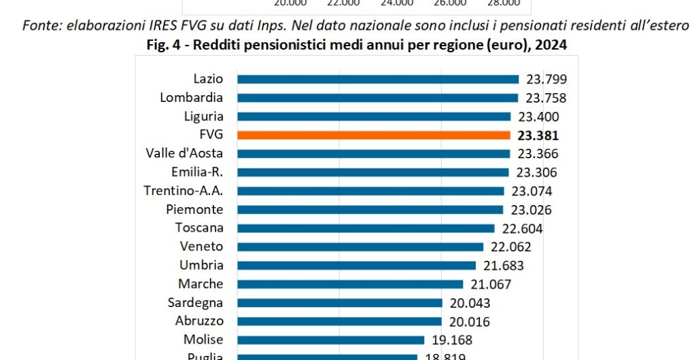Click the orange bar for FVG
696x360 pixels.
373,135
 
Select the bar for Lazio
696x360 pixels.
377,79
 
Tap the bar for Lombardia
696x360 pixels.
377,98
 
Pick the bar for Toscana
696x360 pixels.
366,228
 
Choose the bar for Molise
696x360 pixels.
330,340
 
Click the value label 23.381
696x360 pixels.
538,135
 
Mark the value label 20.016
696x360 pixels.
469,321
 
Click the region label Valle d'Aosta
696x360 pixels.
184,154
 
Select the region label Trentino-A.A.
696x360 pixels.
184,191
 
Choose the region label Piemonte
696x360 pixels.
194,209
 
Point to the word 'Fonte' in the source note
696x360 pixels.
39,26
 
